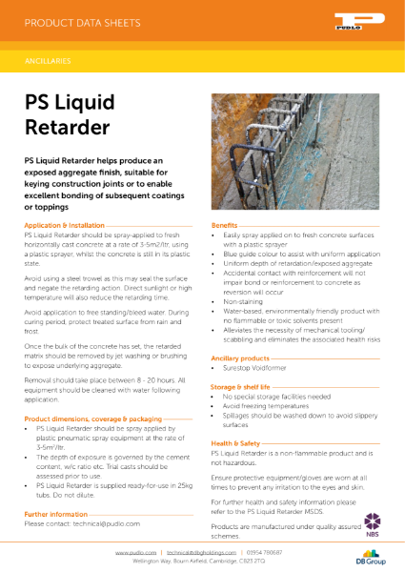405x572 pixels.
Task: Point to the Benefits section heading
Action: (x=224, y=224)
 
